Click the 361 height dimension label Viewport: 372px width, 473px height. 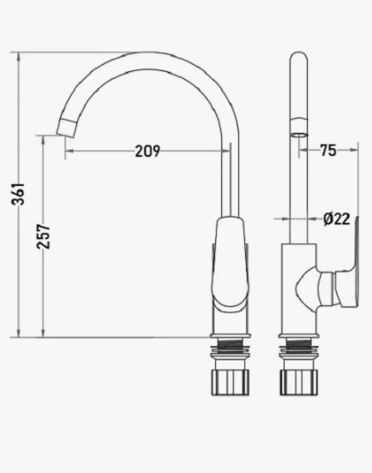coord(18,194)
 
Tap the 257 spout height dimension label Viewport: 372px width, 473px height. coord(43,236)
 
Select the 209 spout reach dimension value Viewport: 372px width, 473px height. coord(147,151)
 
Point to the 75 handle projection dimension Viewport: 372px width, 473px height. coord(328,150)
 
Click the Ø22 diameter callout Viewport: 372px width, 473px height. coord(337,219)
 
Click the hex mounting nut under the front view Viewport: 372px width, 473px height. coord(231,382)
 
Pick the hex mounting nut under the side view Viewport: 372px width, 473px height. coord(298,382)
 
